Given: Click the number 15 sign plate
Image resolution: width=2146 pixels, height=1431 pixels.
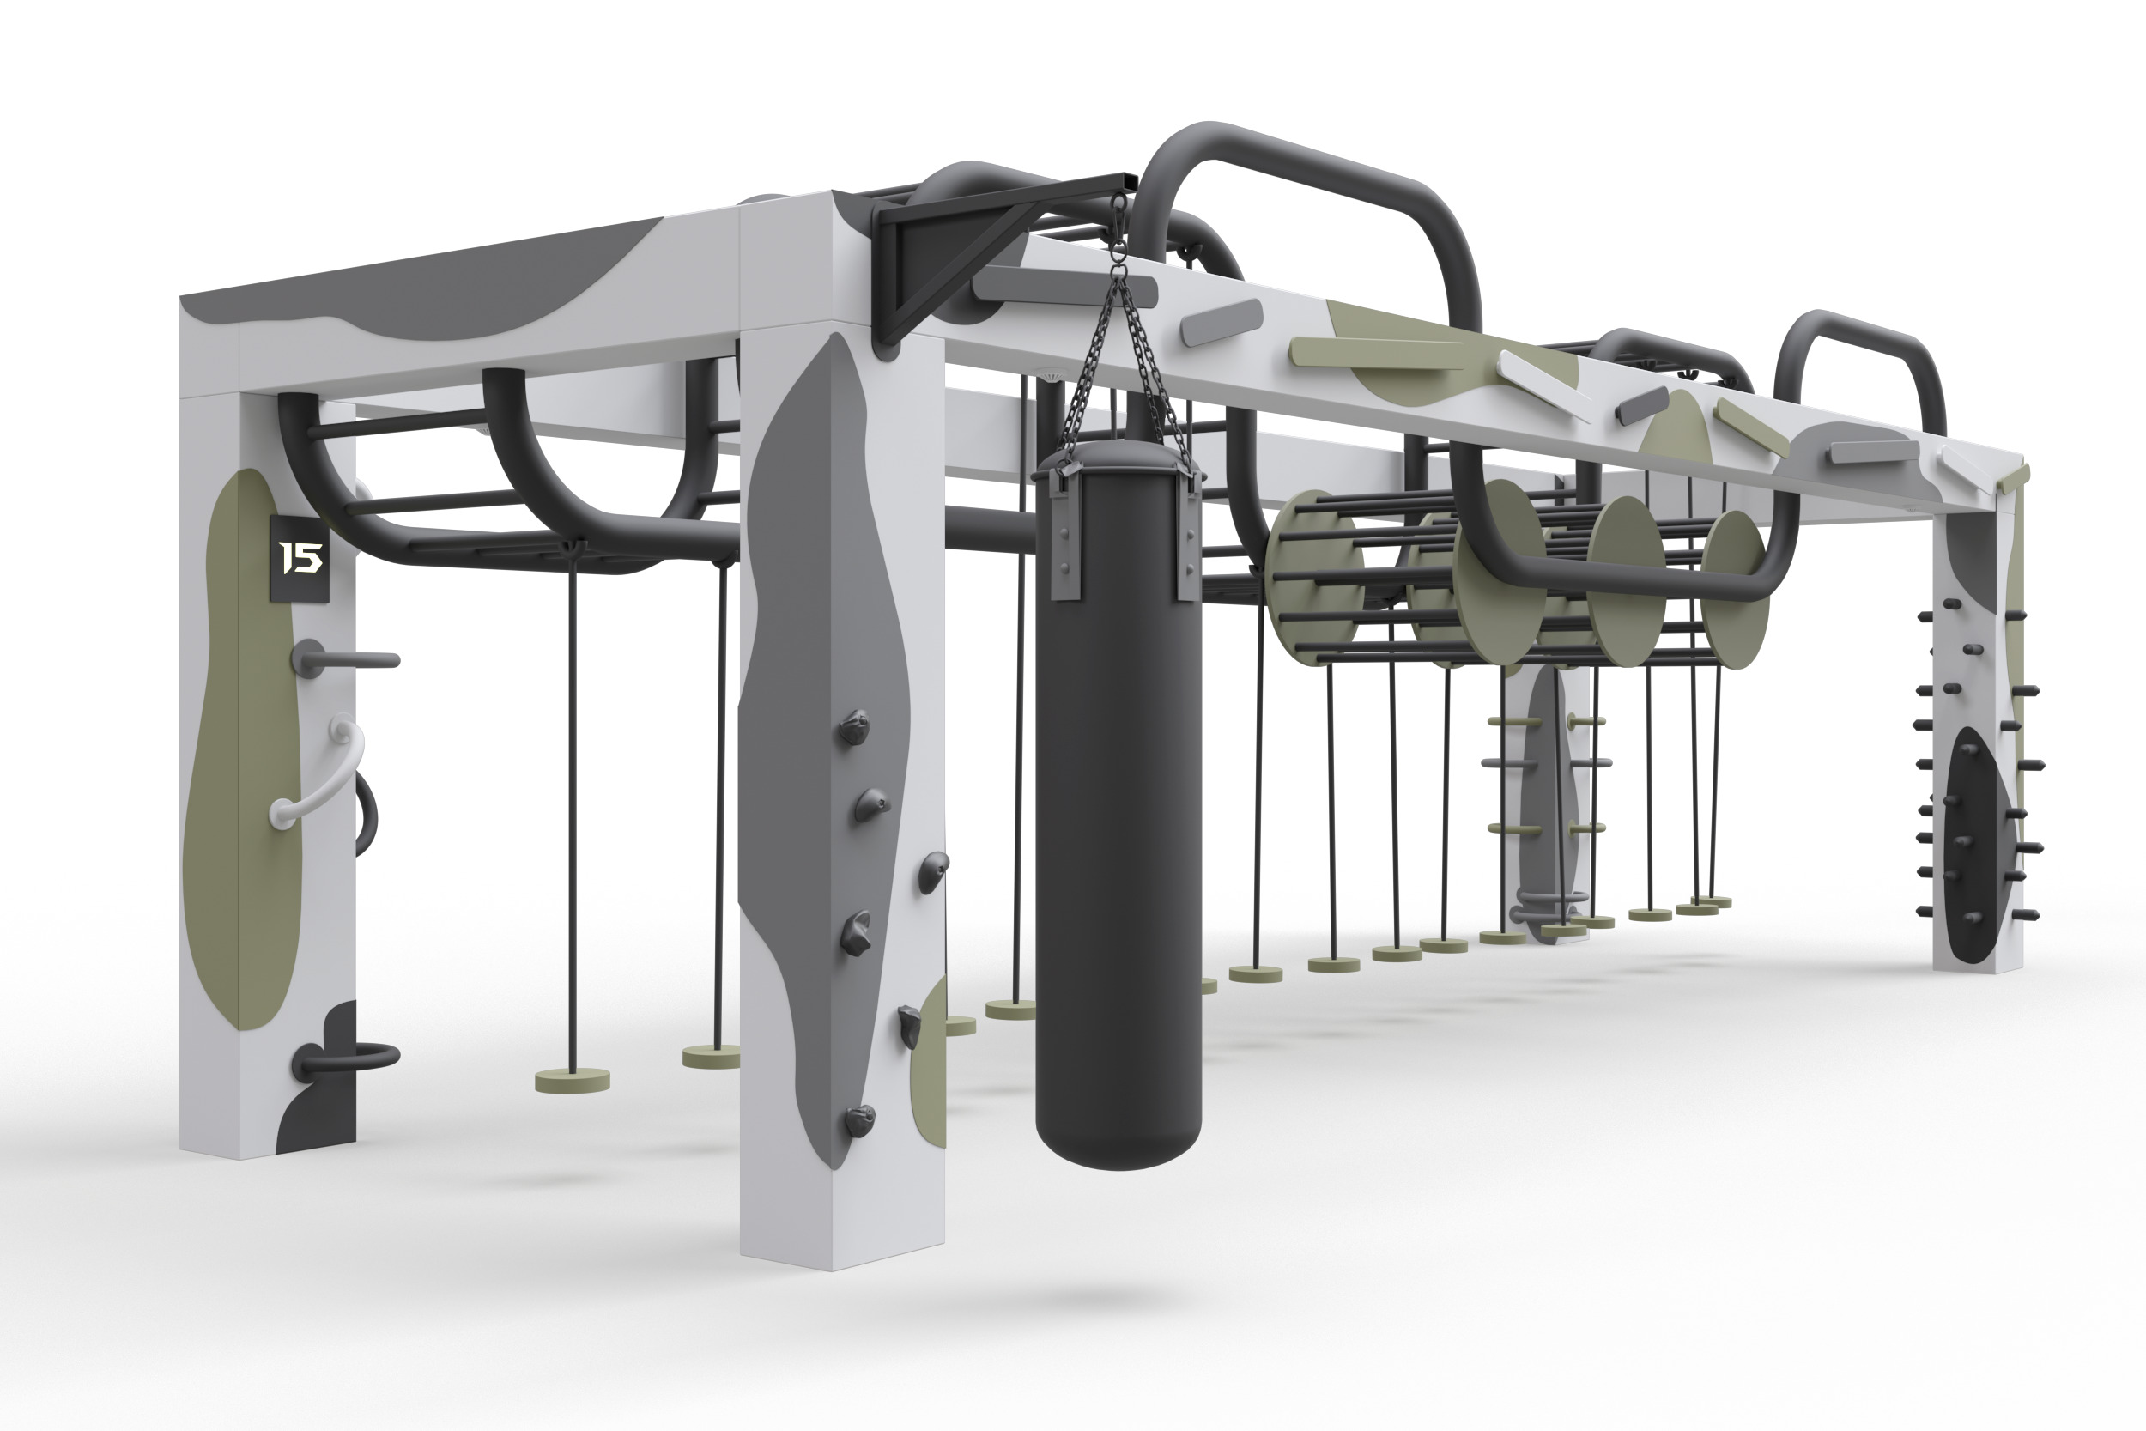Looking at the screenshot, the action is tap(300, 558).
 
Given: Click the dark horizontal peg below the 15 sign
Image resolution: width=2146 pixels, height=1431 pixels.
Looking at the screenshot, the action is tap(343, 658).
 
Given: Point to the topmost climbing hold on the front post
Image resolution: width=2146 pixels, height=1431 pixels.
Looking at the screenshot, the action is tap(854, 727).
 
